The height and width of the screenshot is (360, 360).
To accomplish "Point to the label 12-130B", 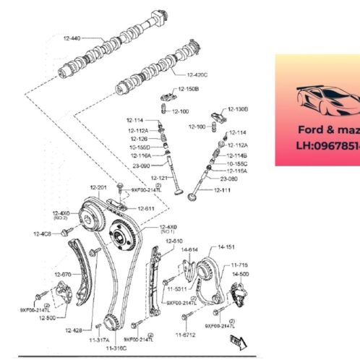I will pos(237,108).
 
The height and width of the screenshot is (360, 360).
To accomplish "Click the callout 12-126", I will pos(139,137).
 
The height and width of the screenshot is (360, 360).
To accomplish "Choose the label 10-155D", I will pos(140,146).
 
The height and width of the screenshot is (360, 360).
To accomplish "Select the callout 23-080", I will pos(228,179).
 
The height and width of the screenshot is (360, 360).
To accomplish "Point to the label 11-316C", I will pos(116,348).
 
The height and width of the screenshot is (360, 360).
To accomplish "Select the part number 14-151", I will pos(226,247).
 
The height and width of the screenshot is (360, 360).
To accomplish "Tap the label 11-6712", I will pos(185,335).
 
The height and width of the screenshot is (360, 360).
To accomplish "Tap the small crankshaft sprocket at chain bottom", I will pos(110,323).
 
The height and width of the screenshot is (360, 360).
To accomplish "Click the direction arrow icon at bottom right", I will pos(241,342).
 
